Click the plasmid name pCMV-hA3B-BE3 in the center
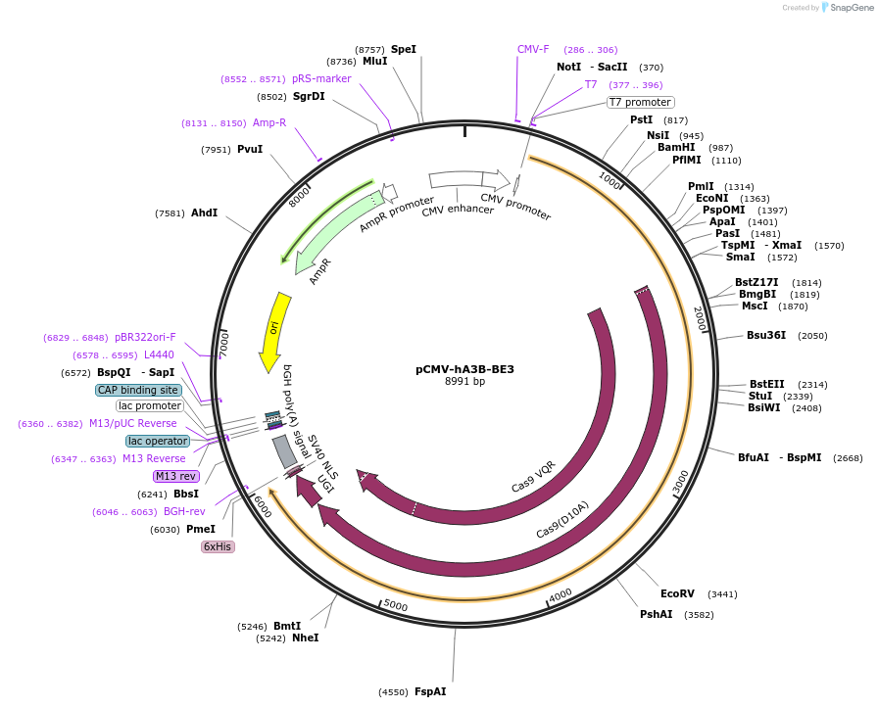464,369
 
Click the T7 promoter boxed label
640,102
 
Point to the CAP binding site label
138,390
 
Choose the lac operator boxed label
157,441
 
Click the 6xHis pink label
218,546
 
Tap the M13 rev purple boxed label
176,476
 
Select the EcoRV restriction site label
677,593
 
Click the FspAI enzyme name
430,691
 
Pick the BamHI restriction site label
676,148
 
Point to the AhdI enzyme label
204,212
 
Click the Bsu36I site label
766,335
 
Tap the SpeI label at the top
404,49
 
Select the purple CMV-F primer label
533,49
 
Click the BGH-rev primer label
184,511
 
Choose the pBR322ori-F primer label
145,337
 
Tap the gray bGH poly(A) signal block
284,450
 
